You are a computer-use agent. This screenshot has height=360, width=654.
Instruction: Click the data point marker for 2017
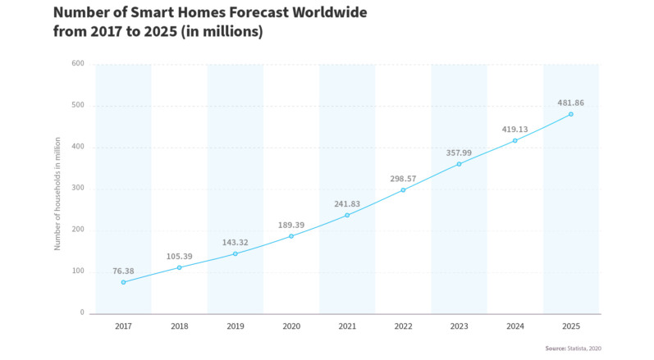point(123,282)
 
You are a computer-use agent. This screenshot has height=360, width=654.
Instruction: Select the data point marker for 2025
point(571,114)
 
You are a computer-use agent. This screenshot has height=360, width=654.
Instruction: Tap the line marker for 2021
point(347,215)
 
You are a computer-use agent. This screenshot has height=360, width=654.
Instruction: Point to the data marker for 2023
point(459,164)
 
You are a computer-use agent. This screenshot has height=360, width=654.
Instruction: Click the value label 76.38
point(123,271)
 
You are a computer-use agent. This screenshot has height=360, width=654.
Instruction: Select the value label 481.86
point(571,103)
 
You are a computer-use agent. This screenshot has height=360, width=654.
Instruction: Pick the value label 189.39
point(291,224)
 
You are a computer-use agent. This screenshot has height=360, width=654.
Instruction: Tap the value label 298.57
point(403,178)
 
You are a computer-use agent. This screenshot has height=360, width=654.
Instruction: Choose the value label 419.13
point(515,129)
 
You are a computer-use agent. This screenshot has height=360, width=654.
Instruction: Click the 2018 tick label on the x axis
point(179,326)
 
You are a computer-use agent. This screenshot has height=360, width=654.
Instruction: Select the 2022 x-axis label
point(403,326)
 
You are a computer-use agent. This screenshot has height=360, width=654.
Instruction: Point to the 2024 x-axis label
point(515,326)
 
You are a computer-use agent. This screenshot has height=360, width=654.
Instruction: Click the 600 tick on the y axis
point(77,63)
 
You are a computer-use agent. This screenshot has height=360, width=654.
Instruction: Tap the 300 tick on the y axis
point(77,189)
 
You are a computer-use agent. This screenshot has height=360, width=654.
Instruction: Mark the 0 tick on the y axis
point(82,313)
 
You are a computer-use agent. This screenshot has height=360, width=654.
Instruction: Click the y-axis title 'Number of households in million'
point(57,188)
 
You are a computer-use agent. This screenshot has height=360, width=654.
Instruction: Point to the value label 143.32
point(235,243)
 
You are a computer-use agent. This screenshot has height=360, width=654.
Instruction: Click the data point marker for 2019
point(235,253)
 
